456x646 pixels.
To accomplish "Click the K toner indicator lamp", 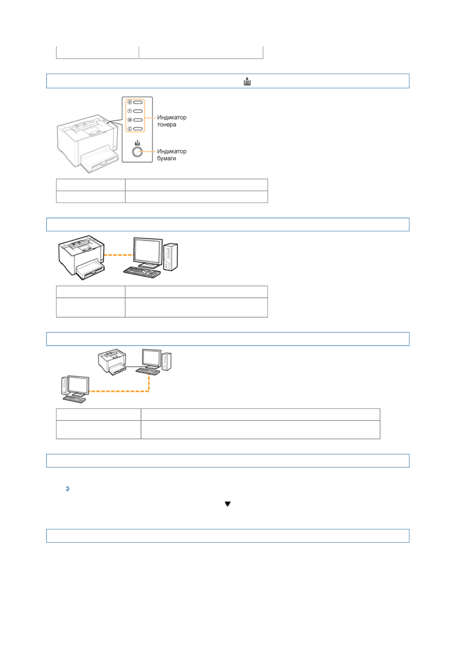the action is (138, 102).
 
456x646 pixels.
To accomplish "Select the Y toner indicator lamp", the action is (138, 111).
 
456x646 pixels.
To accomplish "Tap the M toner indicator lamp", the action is (138, 120).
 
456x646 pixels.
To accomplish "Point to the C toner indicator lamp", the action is (138, 129).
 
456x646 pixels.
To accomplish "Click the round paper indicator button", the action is (137, 152).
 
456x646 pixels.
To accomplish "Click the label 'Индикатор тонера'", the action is (172, 121).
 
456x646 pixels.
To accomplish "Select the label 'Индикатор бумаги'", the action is (172, 155).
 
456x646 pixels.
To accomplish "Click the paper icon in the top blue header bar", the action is (247, 81).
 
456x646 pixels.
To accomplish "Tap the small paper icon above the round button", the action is (137, 143).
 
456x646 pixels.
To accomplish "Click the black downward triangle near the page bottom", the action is (228, 504).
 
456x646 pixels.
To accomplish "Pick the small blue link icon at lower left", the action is (68, 489).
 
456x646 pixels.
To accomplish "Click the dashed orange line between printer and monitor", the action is (119, 255).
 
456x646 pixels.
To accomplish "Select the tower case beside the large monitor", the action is (170, 257).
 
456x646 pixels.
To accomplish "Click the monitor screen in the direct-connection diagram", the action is (148, 251).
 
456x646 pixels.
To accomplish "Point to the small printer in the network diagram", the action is (112, 361).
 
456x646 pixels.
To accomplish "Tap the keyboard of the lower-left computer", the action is (74, 399).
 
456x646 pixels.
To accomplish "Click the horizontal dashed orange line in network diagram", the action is (119, 391).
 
